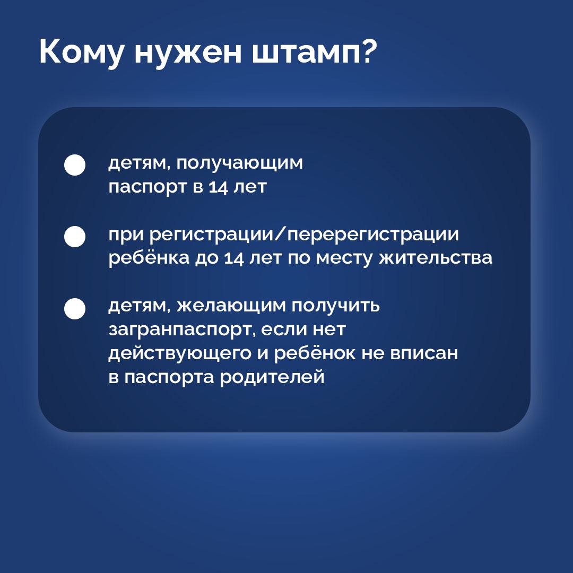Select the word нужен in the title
(x=188, y=53)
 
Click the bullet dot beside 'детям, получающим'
(x=75, y=165)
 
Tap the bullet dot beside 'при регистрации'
(x=75, y=237)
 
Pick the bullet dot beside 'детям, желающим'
(x=75, y=309)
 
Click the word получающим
(x=240, y=163)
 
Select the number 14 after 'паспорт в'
(x=219, y=187)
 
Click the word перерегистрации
(x=373, y=235)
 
